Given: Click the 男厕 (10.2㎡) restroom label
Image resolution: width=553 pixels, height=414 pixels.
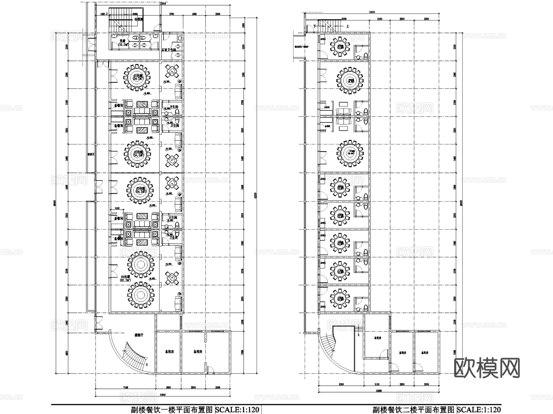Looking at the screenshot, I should (x=123, y=42).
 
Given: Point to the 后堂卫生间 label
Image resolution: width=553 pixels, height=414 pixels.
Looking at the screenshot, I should (x=169, y=49).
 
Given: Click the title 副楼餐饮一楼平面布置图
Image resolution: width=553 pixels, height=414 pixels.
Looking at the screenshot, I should (x=172, y=410).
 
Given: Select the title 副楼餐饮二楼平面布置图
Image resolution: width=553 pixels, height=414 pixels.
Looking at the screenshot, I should (x=413, y=410).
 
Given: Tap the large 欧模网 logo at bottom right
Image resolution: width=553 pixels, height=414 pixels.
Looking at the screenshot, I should (x=487, y=368).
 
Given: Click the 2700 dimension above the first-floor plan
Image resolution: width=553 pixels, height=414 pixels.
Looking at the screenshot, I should (x=172, y=14).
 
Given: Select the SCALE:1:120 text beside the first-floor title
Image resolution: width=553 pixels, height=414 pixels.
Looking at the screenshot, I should (x=237, y=410).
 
